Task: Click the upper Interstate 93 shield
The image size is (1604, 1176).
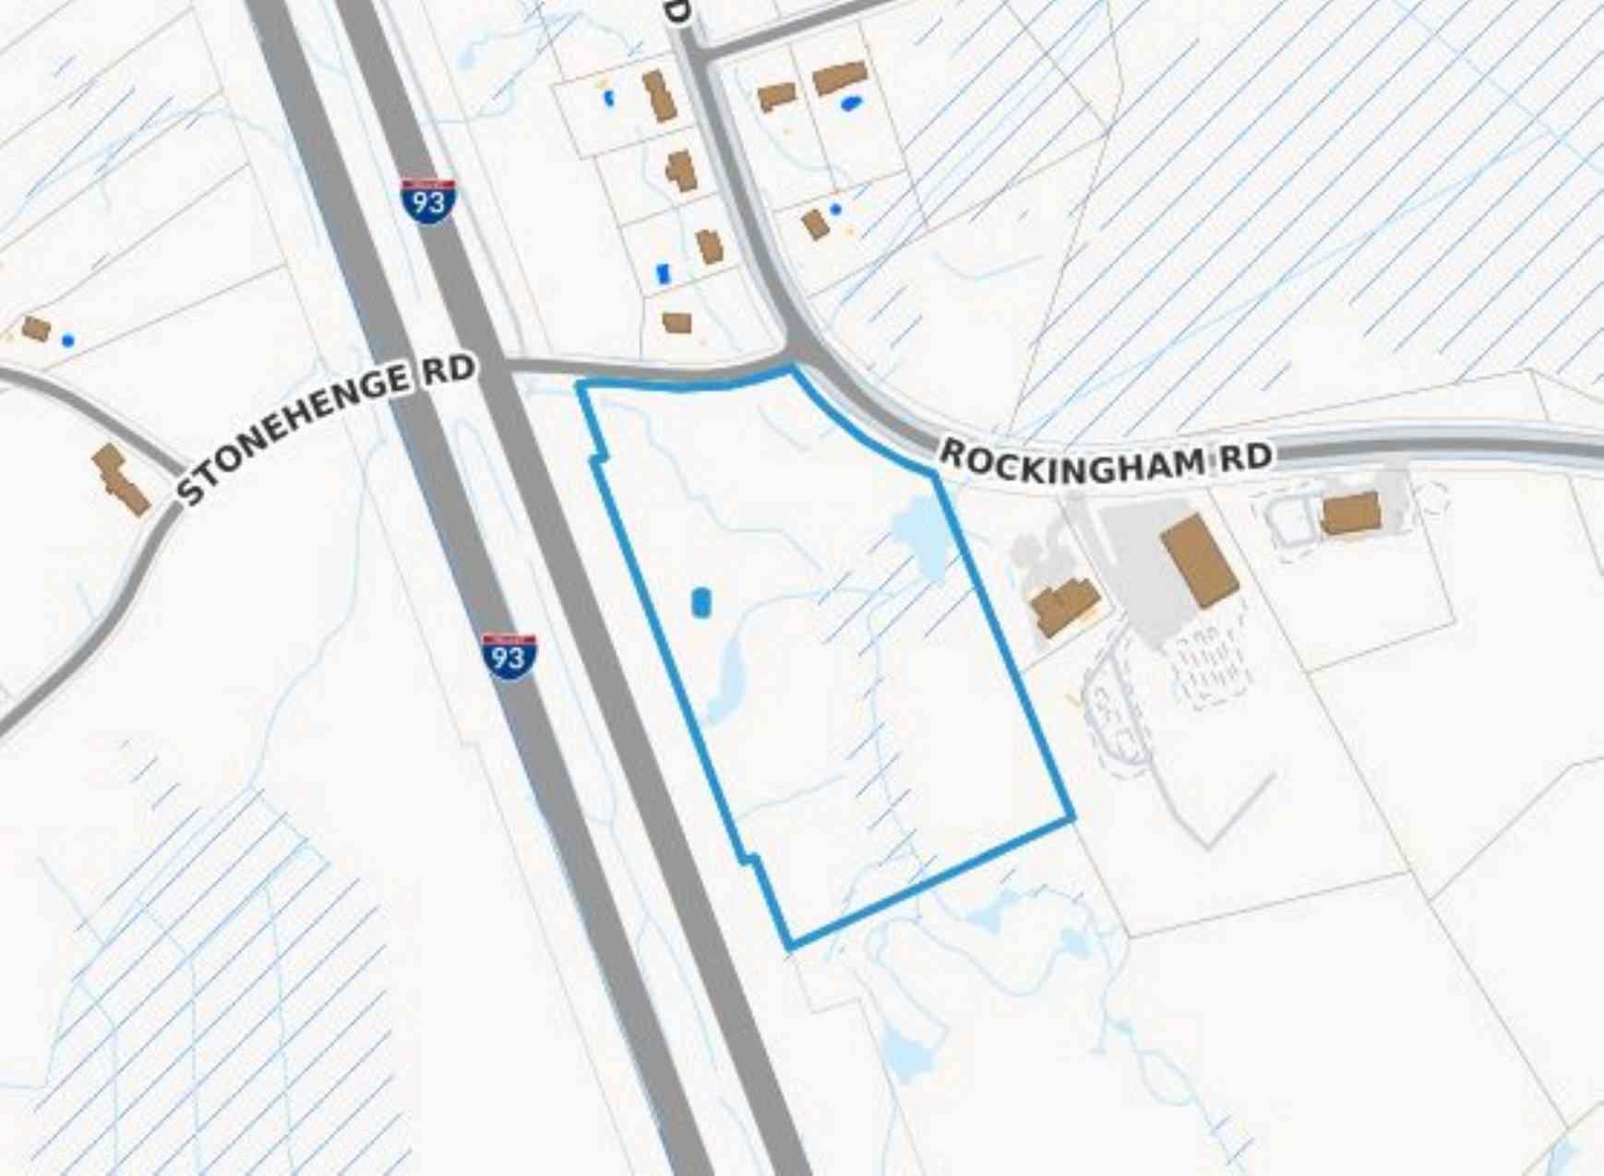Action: tap(428, 200)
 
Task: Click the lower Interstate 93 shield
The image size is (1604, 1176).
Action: tap(509, 656)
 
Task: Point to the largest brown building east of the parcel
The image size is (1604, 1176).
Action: tap(1199, 560)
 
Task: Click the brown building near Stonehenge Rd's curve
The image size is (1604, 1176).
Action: tap(121, 479)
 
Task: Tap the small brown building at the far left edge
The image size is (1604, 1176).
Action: tap(36, 328)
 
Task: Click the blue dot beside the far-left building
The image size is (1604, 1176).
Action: tap(67, 340)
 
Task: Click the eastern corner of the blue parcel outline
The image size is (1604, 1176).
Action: tap(1072, 818)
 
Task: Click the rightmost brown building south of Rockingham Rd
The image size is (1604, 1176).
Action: tap(1351, 513)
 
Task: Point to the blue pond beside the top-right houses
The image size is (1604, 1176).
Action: tap(851, 103)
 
